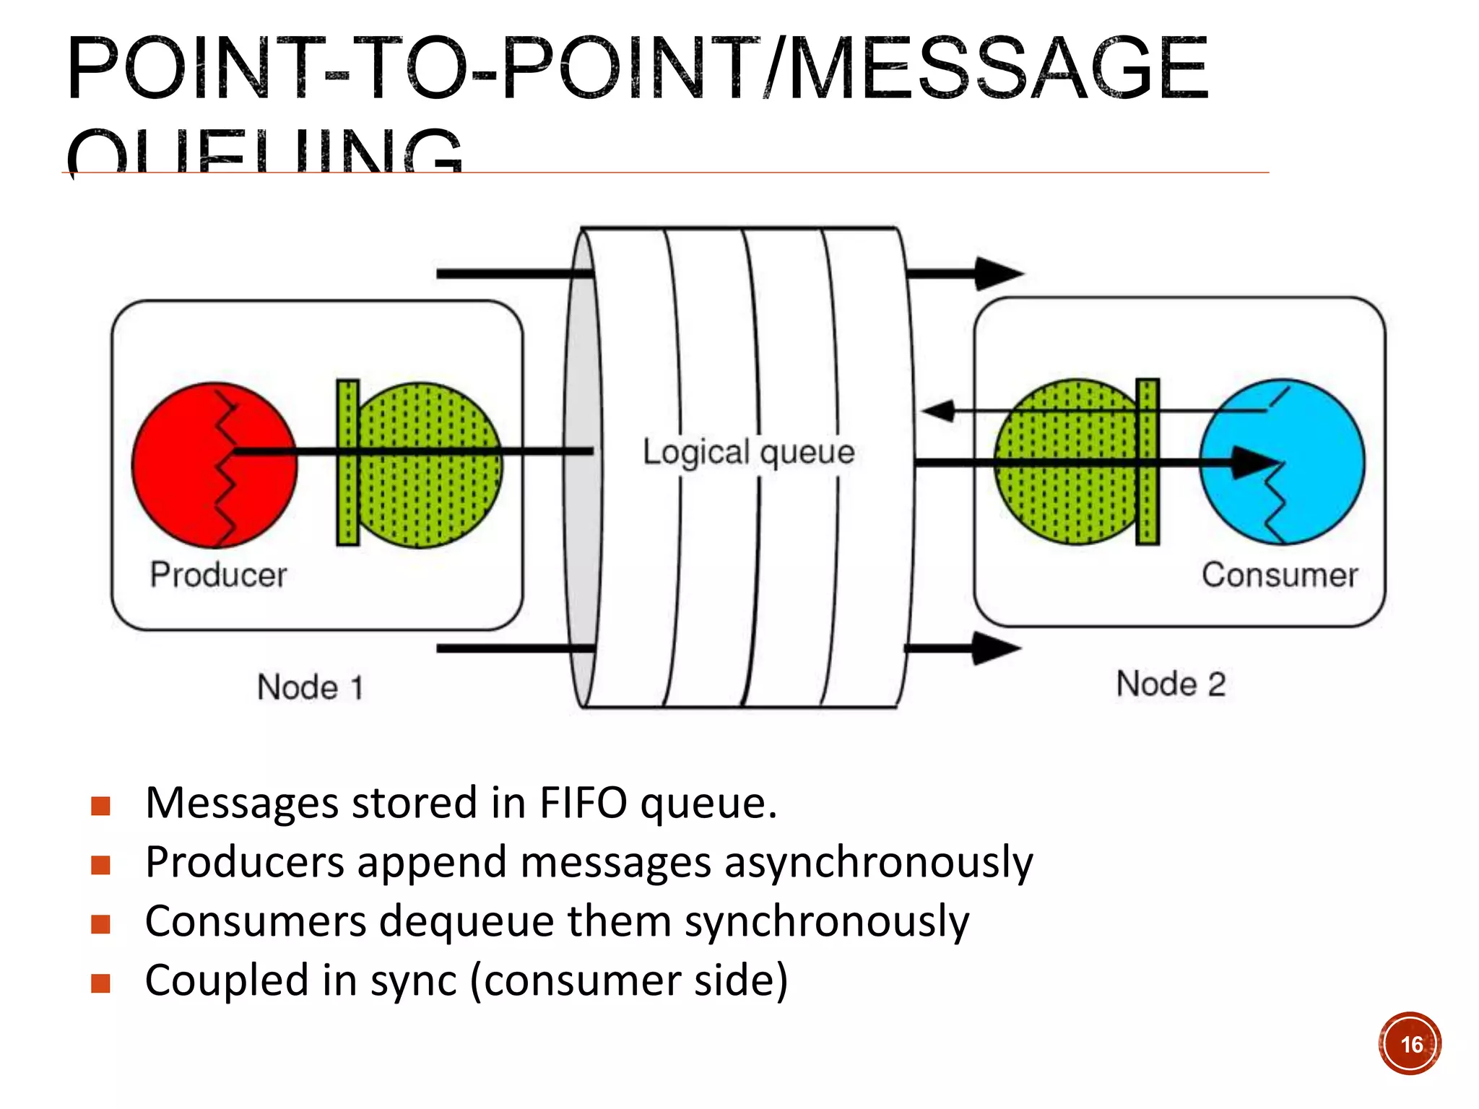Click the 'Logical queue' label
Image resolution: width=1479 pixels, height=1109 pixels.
tap(749, 453)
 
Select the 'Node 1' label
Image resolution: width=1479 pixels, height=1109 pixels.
tap(310, 687)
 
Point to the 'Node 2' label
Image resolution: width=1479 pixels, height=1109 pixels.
tap(1171, 684)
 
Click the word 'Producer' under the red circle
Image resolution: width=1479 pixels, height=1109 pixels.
tap(218, 575)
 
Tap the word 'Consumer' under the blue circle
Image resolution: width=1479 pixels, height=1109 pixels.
tap(1280, 575)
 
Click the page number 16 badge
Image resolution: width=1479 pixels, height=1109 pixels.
tap(1410, 1044)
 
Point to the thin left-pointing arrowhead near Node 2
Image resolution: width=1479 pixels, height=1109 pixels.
tap(939, 411)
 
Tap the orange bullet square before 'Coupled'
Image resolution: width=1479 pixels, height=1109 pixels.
tap(101, 983)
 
